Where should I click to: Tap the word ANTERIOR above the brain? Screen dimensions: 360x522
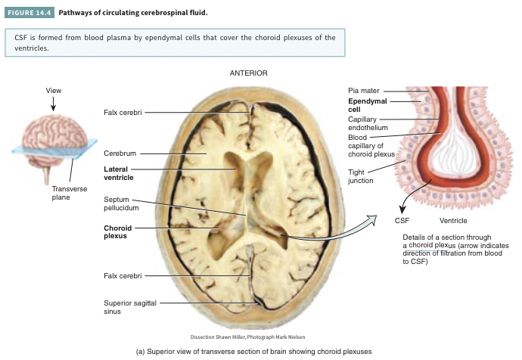(x=247, y=73)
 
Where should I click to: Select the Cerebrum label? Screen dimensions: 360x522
(x=120, y=153)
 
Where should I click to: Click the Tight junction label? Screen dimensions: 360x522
(x=360, y=176)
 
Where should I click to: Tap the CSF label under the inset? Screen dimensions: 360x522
(x=402, y=220)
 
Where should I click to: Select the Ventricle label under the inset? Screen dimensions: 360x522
(x=452, y=220)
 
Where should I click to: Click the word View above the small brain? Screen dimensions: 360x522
(x=53, y=91)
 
